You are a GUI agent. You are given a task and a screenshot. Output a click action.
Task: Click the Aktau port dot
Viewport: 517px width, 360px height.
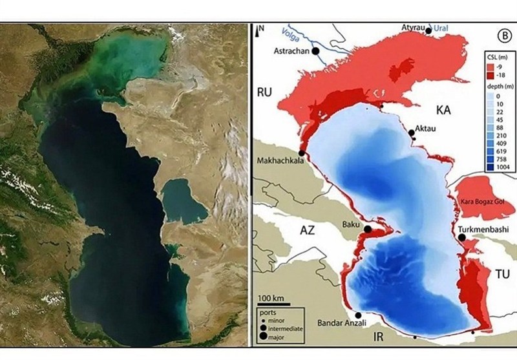pos(412,132)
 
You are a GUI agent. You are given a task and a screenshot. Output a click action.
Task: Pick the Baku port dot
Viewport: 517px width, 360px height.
pos(368,229)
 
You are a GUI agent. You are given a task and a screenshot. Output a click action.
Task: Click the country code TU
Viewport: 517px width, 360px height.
pos(502,274)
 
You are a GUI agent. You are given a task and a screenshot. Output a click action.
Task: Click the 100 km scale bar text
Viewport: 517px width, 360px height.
pos(271,297)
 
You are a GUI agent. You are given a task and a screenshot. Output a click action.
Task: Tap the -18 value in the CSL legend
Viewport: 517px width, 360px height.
pos(498,76)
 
